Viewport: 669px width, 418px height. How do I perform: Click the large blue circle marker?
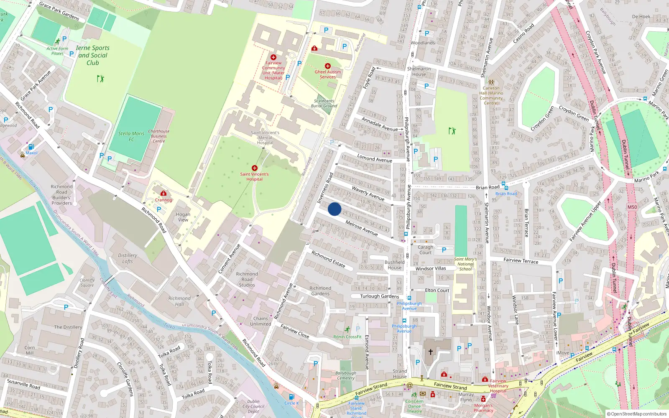click(x=334, y=209)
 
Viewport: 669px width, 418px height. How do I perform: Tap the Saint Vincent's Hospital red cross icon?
click(x=254, y=168)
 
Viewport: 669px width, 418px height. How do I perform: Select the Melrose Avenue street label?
click(x=362, y=228)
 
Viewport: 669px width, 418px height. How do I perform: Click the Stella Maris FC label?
click(x=131, y=136)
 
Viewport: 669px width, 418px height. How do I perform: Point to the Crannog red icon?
click(x=163, y=194)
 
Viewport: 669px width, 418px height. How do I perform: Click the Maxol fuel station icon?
click(x=31, y=147)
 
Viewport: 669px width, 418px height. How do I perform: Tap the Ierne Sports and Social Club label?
click(x=93, y=55)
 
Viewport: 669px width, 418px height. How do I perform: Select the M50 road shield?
click(x=632, y=207)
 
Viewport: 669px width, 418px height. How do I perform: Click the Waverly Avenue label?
click(x=368, y=194)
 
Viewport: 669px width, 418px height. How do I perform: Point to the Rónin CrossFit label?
click(x=347, y=336)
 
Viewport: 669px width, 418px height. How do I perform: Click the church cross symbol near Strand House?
click(x=430, y=352)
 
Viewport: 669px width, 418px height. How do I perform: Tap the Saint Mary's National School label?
click(x=465, y=264)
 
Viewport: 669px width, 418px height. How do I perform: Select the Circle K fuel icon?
click(x=291, y=397)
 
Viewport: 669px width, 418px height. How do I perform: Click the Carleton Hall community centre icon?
click(x=491, y=82)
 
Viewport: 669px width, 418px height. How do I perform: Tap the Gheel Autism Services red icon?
click(x=328, y=66)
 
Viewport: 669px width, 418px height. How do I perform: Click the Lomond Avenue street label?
click(x=375, y=158)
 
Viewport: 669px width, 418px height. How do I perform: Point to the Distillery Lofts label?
click(x=128, y=258)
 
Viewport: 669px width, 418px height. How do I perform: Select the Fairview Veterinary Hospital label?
click(x=498, y=386)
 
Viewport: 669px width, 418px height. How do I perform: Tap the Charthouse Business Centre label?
click(x=159, y=136)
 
